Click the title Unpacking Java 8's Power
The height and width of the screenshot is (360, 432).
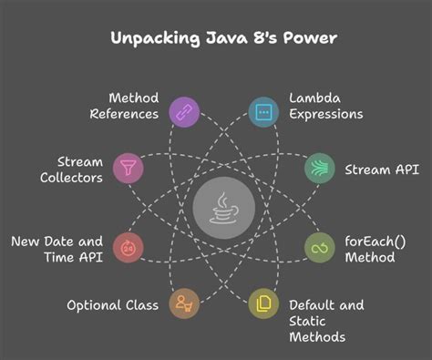pyautogui.click(x=216, y=38)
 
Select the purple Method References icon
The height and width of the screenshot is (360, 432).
pyautogui.click(x=184, y=112)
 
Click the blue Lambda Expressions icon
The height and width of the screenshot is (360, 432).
pyautogui.click(x=263, y=112)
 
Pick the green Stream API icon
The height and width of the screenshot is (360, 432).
pyautogui.click(x=319, y=169)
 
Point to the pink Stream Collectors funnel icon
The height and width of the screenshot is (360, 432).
pyautogui.click(x=126, y=169)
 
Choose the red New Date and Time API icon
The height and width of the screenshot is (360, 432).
pyautogui.click(x=127, y=248)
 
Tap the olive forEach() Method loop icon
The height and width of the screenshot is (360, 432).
pyautogui.click(x=319, y=248)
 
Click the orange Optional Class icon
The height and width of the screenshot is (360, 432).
pyautogui.click(x=184, y=303)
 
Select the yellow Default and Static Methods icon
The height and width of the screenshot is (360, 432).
pyautogui.click(x=263, y=303)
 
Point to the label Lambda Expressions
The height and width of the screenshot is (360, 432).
pyautogui.click(x=326, y=105)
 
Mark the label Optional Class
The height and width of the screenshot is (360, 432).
pyautogui.click(x=112, y=304)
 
